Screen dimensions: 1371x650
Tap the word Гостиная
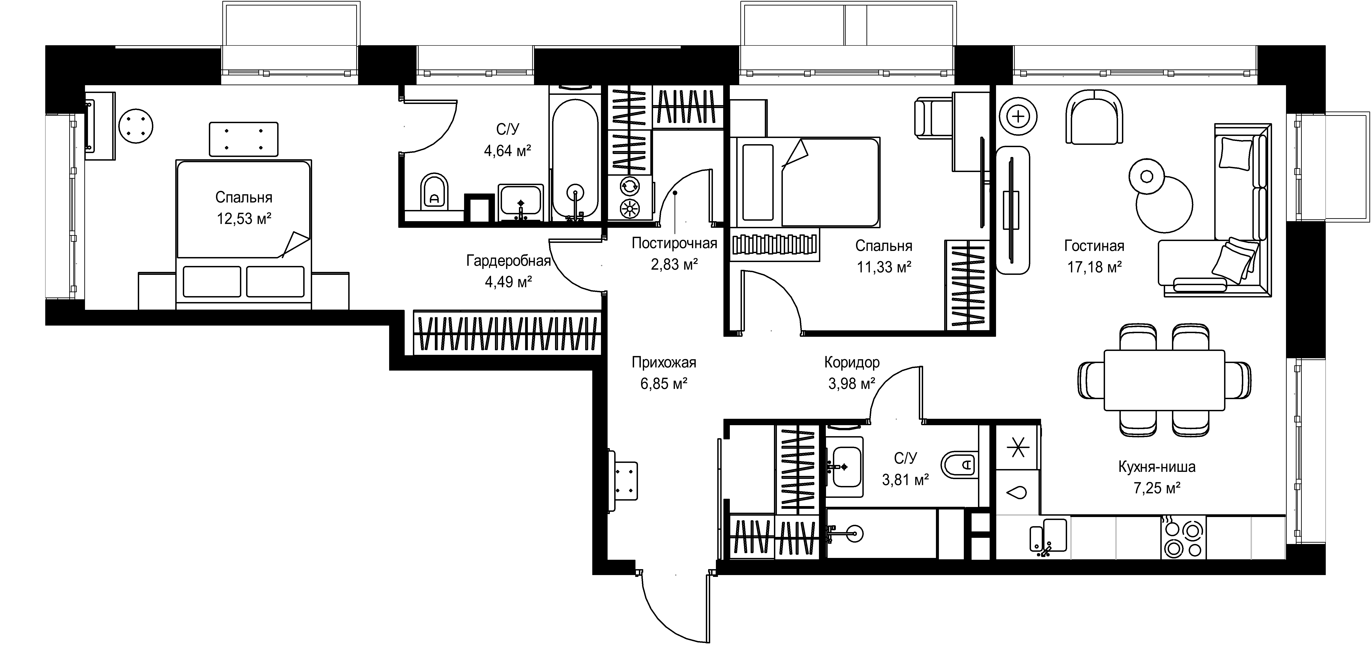click(x=1094, y=246)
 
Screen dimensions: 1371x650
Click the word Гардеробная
click(x=508, y=261)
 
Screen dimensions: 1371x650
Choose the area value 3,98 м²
click(x=852, y=383)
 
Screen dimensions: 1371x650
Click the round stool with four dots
click(x=136, y=126)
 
